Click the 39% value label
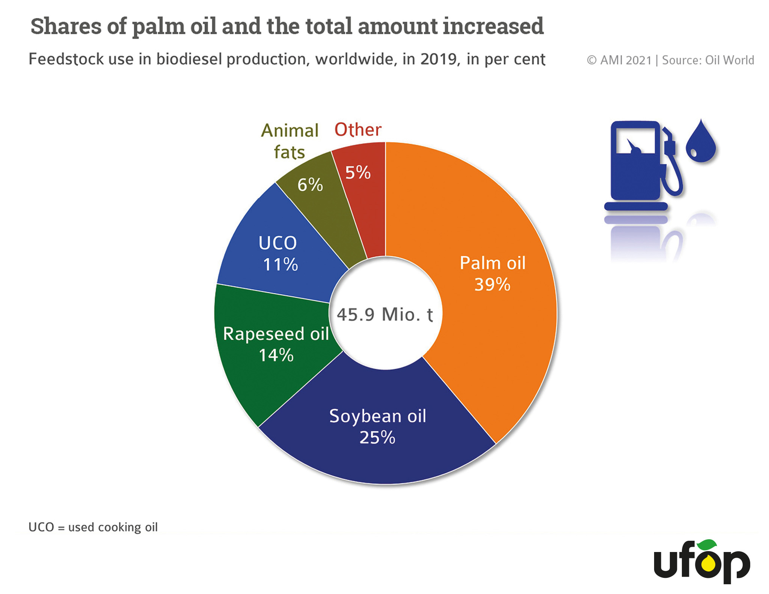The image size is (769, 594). (492, 285)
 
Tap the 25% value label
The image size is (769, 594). (377, 438)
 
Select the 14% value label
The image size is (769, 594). (276, 355)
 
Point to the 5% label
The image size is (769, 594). (358, 173)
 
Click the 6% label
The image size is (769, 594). (310, 185)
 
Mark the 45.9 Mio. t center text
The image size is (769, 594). (385, 314)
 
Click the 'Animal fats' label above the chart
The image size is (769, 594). (290, 141)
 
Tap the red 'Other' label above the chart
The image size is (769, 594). (358, 130)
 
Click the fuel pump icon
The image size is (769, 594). (643, 165)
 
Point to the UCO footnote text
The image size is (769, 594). (93, 527)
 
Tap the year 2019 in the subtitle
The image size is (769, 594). (440, 59)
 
